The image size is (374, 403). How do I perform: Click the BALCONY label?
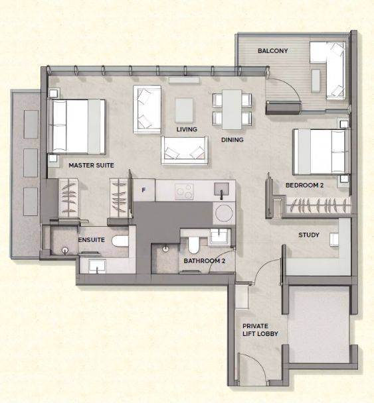pyautogui.click(x=272, y=50)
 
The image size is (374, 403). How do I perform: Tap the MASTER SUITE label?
pyautogui.click(x=91, y=165)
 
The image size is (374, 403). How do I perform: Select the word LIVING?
pyautogui.click(x=187, y=129)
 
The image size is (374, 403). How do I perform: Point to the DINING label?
pyautogui.click(x=233, y=140)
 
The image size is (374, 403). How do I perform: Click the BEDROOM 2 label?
pyautogui.click(x=304, y=185)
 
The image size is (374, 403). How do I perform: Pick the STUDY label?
pyautogui.click(x=309, y=235)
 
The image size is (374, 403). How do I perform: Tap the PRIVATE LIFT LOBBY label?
pyautogui.click(x=260, y=329)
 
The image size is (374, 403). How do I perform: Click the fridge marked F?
pyautogui.click(x=144, y=190)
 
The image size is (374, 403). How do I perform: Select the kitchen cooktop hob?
pyautogui.click(x=184, y=192)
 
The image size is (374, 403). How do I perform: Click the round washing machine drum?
pyautogui.click(x=224, y=213)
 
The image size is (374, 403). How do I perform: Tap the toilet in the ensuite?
pyautogui.click(x=120, y=241)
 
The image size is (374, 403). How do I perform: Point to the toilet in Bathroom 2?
pyautogui.click(x=193, y=245)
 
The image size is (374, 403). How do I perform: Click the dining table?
pyautogui.click(x=232, y=109)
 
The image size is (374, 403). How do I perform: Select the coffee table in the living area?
pyautogui.click(x=184, y=111)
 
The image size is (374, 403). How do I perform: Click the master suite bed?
pyautogui.click(x=76, y=127)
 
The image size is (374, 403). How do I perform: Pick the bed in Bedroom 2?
pyautogui.click(x=322, y=152)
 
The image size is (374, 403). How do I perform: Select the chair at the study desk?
pyautogui.click(x=334, y=239)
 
